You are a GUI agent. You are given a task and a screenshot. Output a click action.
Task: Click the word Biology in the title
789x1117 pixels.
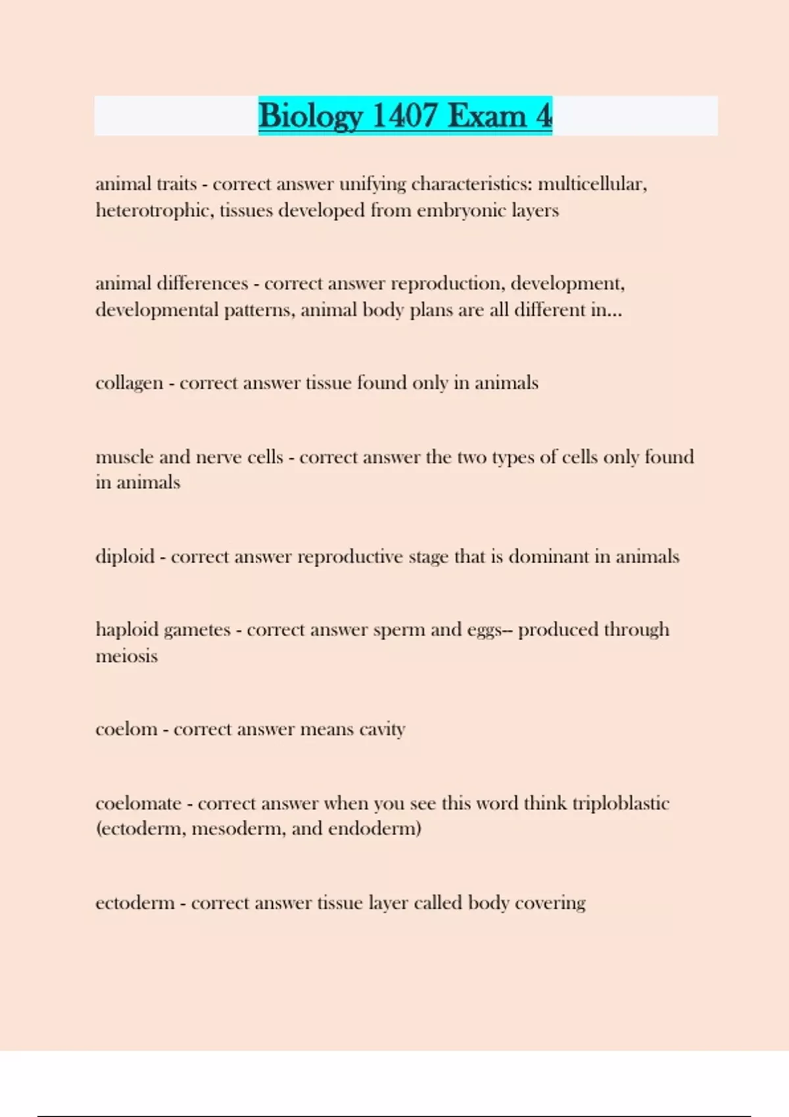tap(310, 116)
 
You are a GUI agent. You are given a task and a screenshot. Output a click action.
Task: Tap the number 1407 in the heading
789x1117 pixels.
tap(404, 116)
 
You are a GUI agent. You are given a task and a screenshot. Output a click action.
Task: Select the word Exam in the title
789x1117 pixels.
tap(487, 116)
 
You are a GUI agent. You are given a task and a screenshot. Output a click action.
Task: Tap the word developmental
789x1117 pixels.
tap(156, 310)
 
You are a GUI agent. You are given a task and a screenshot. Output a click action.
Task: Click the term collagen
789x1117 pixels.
tap(129, 383)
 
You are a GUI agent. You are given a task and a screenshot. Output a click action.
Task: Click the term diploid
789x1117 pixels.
tap(125, 557)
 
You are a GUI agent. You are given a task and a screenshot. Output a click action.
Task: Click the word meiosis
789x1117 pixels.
tap(126, 656)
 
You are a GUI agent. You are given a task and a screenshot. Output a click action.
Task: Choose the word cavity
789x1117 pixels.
tap(382, 729)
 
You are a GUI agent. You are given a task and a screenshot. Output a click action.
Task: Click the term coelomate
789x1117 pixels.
tap(138, 803)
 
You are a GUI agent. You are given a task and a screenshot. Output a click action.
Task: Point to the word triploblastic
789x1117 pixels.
tap(621, 803)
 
